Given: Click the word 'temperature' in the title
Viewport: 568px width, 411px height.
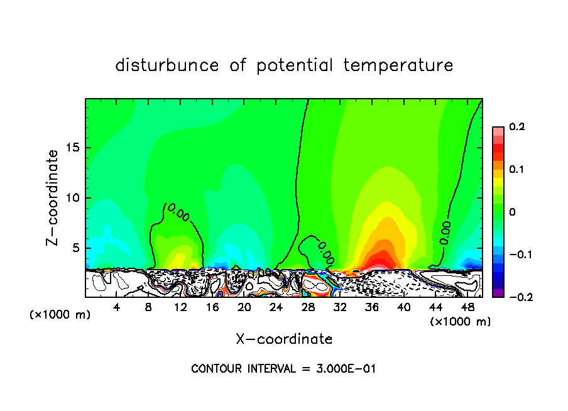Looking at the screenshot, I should coord(398,65).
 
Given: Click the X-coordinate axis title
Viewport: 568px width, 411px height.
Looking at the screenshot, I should coord(284,339).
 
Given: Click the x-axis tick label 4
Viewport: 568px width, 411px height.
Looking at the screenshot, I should coord(117,308).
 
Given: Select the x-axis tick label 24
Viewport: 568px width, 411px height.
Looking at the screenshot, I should coord(276,308).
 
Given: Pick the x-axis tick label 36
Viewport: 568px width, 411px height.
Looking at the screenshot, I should coord(371,308).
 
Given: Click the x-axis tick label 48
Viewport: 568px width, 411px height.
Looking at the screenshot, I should coord(467,308).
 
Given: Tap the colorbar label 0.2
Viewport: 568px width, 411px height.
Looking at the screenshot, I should coord(516,127).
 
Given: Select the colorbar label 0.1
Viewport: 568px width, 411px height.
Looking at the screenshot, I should coord(516,170).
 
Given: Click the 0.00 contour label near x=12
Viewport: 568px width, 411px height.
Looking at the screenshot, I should coord(178,212).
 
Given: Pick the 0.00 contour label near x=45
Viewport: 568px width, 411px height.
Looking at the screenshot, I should coord(445,233).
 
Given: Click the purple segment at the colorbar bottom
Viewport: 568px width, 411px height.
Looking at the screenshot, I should coord(498,293).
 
